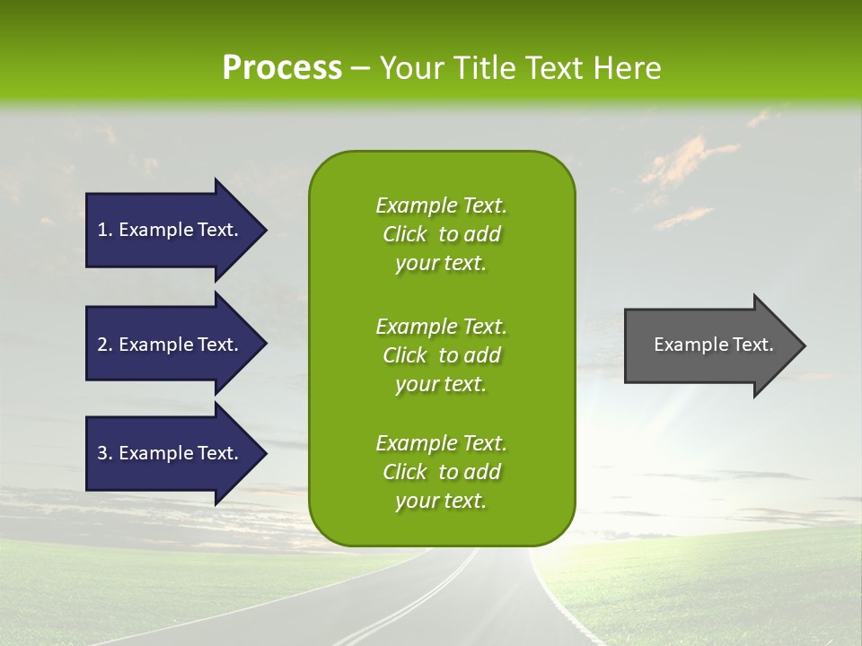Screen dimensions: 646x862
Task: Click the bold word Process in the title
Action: (x=282, y=68)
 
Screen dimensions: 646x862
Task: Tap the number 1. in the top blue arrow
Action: (x=105, y=230)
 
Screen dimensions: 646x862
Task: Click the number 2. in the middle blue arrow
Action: (x=105, y=345)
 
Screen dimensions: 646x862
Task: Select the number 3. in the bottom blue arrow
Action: (x=105, y=453)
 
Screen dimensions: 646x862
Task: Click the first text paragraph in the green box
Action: (x=441, y=234)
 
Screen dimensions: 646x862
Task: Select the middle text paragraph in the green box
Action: (x=441, y=355)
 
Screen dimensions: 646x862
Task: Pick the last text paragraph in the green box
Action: (x=441, y=472)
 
